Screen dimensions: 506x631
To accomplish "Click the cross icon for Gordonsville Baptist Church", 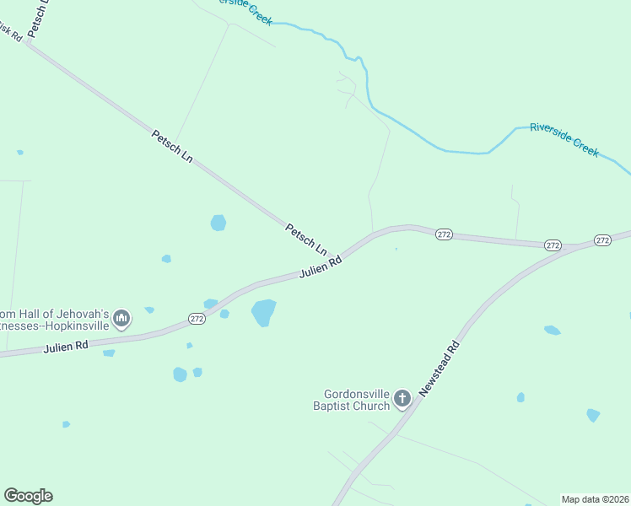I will coord(402,399).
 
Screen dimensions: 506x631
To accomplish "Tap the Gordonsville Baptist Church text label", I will coord(358,400).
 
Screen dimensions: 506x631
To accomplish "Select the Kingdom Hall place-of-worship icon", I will coord(121,318).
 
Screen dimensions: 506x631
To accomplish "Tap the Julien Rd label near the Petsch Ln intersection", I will coord(321,268).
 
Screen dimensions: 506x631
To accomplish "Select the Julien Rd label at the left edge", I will coord(67,346).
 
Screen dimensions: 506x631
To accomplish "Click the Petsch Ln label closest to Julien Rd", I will coord(305,239).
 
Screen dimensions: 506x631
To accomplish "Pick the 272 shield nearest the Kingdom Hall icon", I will coord(197,318).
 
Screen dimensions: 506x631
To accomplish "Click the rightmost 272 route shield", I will coord(602,240).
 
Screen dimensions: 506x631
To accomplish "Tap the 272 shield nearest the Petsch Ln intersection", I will coord(445,234).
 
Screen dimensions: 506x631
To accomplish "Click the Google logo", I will coord(28,496).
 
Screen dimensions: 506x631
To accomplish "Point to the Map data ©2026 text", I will coord(595,499).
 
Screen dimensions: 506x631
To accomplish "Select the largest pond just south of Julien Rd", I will coord(263,312).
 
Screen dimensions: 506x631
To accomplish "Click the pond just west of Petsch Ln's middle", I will coord(218,223).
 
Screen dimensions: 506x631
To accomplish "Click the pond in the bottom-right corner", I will coord(593,415).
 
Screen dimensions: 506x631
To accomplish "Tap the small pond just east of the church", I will coord(520,397).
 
